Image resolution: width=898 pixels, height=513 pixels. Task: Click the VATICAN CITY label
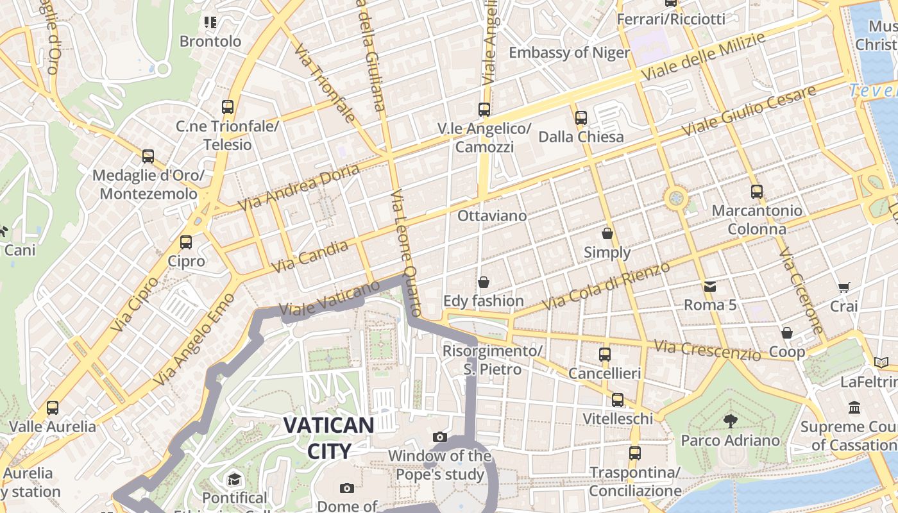point(328,438)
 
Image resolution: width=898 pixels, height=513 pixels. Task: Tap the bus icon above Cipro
point(186,242)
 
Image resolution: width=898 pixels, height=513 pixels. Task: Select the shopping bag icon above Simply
point(607,233)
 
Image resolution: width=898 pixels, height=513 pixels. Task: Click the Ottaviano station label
point(492,216)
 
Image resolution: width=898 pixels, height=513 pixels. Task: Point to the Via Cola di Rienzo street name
point(607,286)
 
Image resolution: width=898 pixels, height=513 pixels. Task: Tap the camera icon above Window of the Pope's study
point(440,437)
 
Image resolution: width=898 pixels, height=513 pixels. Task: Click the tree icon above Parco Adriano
point(730,421)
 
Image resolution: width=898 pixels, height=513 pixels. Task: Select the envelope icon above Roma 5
point(710,286)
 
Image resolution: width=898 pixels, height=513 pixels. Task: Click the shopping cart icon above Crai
point(843,288)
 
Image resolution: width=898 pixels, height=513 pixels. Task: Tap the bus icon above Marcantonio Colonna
point(757,191)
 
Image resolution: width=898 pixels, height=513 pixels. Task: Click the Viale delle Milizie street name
point(703,56)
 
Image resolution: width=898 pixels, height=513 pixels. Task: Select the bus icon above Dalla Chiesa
point(581,118)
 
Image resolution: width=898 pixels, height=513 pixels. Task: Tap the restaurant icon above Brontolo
point(210,23)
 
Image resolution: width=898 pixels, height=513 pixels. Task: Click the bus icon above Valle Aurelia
point(53,408)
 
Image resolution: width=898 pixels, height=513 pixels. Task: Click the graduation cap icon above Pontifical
point(234,479)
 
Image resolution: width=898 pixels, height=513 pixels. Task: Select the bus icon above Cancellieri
point(604,355)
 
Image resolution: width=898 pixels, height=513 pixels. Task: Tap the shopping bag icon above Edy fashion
point(484,282)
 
